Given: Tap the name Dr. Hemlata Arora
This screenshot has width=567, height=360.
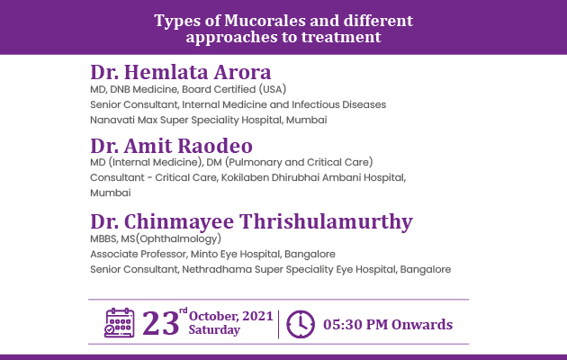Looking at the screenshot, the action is pyautogui.click(x=180, y=72).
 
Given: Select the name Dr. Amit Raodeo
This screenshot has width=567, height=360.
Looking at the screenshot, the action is pyautogui.click(x=171, y=146).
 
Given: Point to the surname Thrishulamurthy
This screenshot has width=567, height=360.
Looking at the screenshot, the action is pyautogui.click(x=326, y=221).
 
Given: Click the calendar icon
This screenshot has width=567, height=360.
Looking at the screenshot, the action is pyautogui.click(x=120, y=323).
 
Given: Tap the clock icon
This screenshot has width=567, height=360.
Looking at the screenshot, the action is pyautogui.click(x=301, y=324).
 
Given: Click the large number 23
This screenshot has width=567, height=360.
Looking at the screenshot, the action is pyautogui.click(x=160, y=323).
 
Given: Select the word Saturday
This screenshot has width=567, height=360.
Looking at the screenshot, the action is pyautogui.click(x=214, y=330).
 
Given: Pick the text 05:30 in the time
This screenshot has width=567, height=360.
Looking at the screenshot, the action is pyautogui.click(x=343, y=324).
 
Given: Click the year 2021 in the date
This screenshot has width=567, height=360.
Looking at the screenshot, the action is pyautogui.click(x=257, y=316).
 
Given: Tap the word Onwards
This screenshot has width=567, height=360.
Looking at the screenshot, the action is pyautogui.click(x=422, y=324).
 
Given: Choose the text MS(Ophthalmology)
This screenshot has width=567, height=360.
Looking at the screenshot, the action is pyautogui.click(x=171, y=238).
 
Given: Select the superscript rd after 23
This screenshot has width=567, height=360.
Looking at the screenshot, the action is pyautogui.click(x=184, y=310).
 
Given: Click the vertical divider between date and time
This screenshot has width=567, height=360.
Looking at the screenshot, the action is pyautogui.click(x=278, y=324).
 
